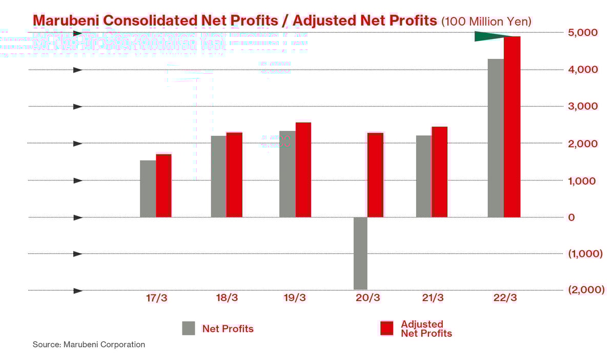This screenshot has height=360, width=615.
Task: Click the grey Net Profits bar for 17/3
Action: (x=148, y=189)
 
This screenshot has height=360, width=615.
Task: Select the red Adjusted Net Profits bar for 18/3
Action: (x=234, y=175)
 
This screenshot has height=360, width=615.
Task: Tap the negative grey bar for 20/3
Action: (x=360, y=253)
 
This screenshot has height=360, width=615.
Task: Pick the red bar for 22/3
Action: (x=512, y=127)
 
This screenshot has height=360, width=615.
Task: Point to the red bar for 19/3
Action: (x=303, y=170)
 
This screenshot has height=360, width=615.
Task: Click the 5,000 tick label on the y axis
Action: (x=583, y=33)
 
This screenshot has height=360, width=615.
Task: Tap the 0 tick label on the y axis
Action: (x=571, y=217)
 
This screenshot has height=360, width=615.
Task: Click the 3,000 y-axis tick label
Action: (x=583, y=107)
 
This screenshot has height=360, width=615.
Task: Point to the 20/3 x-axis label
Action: (x=368, y=298)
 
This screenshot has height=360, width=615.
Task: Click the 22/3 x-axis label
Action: (x=504, y=298)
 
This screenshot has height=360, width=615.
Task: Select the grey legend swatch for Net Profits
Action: (x=189, y=328)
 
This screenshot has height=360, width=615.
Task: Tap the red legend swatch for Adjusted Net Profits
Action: (x=386, y=328)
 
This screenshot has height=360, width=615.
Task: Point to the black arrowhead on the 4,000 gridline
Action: (x=78, y=70)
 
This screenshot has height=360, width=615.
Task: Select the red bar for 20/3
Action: (x=375, y=175)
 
